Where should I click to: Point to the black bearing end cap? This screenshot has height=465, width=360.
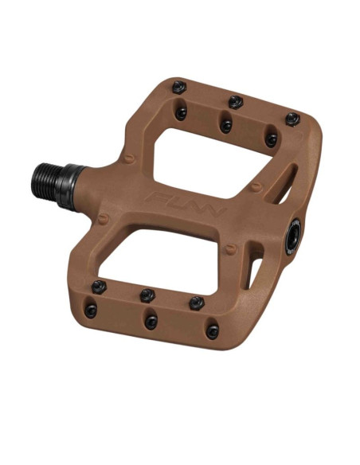point(293,237)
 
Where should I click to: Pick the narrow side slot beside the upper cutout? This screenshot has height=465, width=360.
point(284,185)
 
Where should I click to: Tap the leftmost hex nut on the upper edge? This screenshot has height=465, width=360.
point(179,88)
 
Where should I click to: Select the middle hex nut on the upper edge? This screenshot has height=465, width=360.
point(236,102)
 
